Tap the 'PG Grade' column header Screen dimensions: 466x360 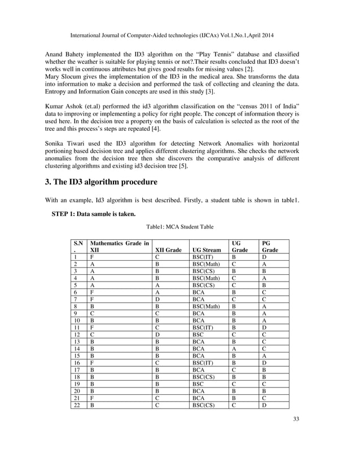(x=270, y=246)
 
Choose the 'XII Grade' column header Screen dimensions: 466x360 (x=168, y=249)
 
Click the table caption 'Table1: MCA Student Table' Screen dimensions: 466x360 (x=180, y=226)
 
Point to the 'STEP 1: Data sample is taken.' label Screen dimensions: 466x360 (x=94, y=213)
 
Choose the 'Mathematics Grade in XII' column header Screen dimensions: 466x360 (x=120, y=246)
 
